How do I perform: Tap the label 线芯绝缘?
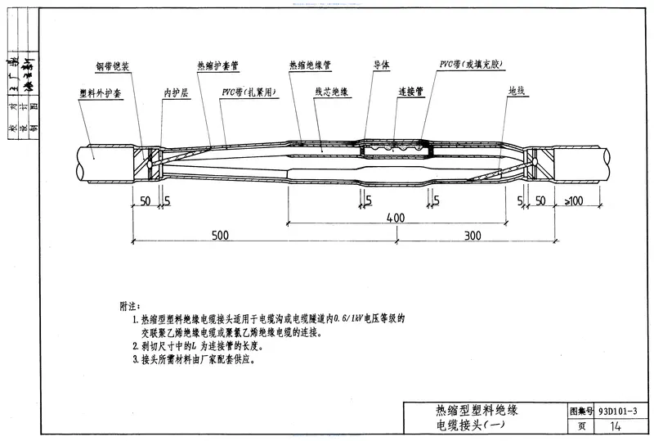pos(332,94)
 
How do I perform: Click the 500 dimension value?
pos(221,236)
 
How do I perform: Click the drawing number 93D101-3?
pos(618,409)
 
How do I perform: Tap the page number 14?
pos(616,426)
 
